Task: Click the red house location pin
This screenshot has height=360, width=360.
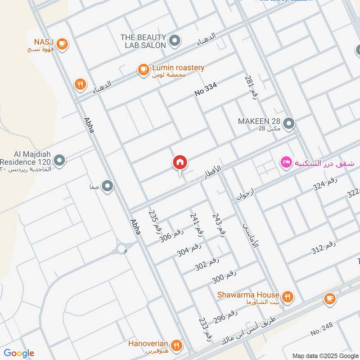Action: click(x=180, y=162)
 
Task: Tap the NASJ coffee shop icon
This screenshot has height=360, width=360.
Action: click(x=62, y=44)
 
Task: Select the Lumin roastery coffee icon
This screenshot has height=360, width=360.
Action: click(x=143, y=69)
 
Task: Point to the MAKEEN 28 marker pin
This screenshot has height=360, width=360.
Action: click(x=289, y=122)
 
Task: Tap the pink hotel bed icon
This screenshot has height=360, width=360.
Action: click(x=285, y=162)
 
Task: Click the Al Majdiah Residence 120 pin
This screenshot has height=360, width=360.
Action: click(x=59, y=160)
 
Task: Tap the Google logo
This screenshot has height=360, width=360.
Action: click(x=18, y=353)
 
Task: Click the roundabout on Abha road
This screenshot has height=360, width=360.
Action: click(x=122, y=248)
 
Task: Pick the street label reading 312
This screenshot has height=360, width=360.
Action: click(x=324, y=248)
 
